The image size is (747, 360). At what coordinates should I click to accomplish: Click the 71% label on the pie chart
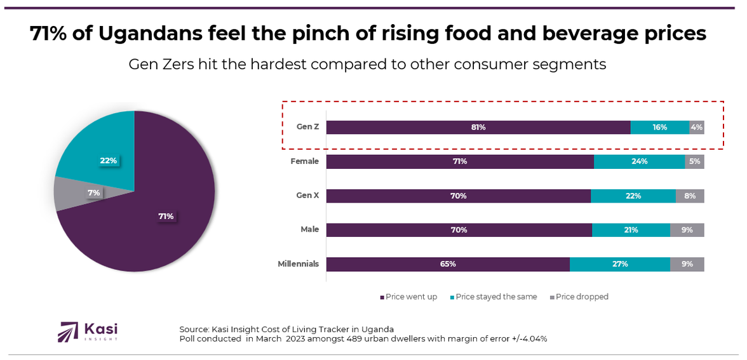166,217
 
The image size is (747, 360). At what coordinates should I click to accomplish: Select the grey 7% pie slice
70,194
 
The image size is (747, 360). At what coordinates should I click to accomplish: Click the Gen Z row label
307,127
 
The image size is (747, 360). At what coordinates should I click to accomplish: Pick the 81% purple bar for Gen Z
478,127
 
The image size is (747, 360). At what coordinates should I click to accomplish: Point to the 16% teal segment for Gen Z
659,127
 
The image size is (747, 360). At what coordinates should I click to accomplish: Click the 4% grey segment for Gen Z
697,127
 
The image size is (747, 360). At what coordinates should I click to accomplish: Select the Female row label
304,161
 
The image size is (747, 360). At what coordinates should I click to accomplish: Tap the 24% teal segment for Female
639,161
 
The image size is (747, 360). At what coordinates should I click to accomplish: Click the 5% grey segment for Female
694,161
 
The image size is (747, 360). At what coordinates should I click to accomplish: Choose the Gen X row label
307,196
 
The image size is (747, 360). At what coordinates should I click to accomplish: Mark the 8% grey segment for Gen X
690,196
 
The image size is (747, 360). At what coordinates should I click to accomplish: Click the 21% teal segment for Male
631,230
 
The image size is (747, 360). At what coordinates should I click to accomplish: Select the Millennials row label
298,264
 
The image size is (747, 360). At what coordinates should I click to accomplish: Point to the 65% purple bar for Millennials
448,264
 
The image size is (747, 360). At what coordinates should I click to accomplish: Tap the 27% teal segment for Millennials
620,264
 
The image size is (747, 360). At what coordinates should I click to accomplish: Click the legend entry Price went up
410,297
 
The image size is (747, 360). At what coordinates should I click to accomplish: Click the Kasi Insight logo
88,331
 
